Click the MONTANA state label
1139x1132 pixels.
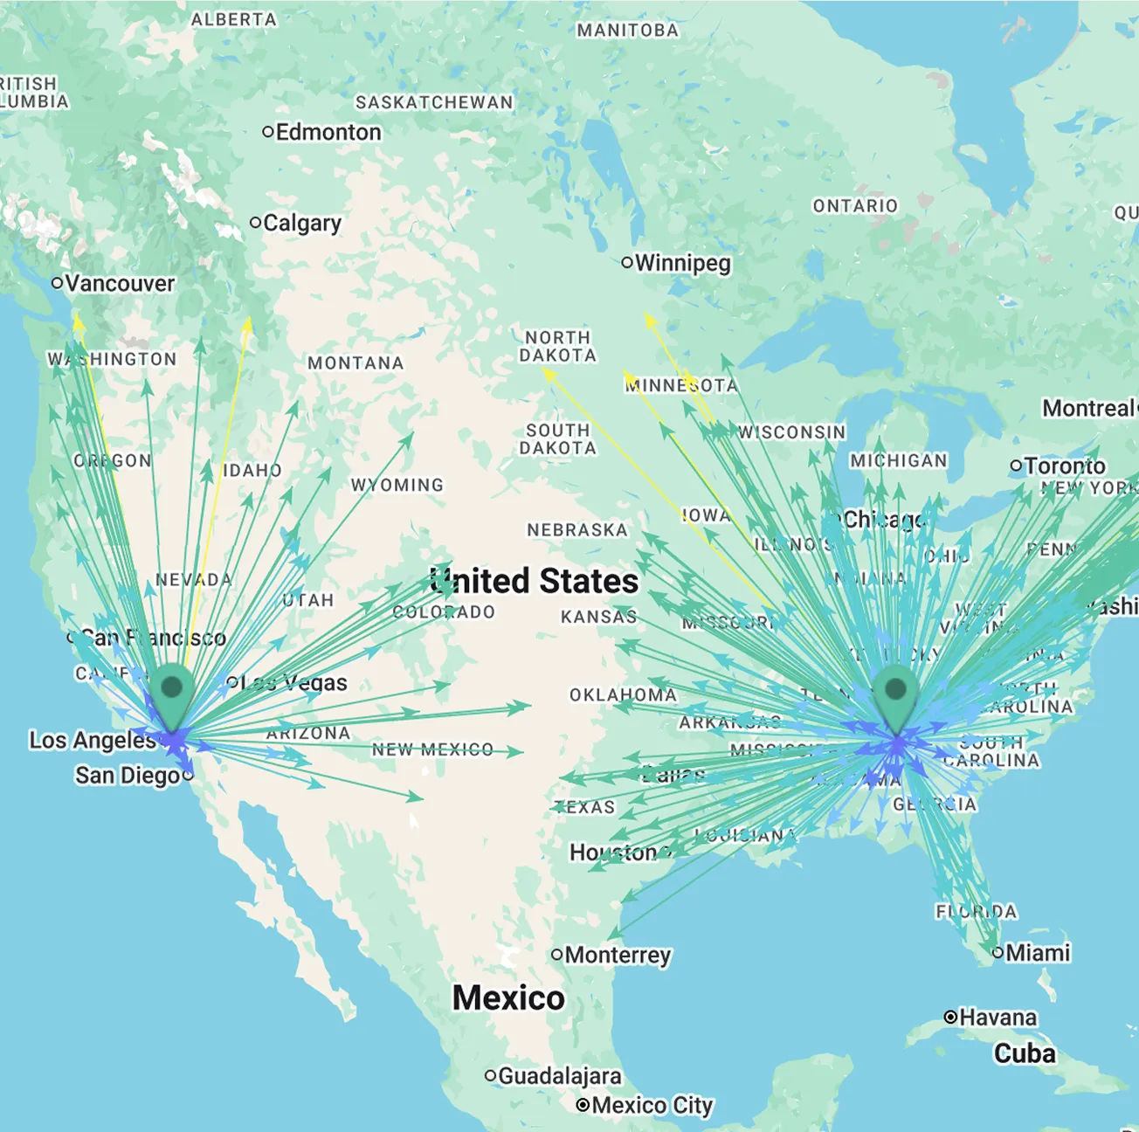point(356,363)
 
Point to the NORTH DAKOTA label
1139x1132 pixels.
point(557,347)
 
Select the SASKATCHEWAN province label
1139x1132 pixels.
point(434,103)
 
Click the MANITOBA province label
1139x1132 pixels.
point(627,31)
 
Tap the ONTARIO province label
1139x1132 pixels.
point(855,206)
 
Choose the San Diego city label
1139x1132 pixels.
point(128,776)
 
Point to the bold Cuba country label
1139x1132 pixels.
point(1025,1053)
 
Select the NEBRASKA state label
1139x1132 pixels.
point(577,530)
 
